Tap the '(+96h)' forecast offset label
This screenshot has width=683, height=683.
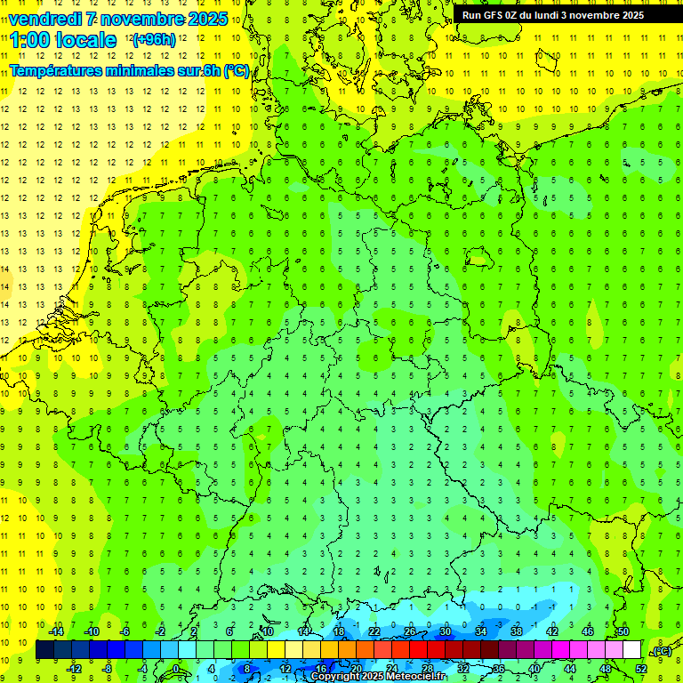tap(154, 40)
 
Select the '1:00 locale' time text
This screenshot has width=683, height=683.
tap(63, 40)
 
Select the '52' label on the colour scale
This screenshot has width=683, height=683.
tap(640, 668)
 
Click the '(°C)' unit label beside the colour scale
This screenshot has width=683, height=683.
tap(661, 651)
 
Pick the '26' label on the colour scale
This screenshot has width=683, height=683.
tap(409, 631)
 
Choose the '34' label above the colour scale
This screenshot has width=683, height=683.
tap(480, 631)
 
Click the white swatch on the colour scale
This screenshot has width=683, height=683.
tap(631, 650)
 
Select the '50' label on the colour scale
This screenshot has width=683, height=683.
tap(623, 631)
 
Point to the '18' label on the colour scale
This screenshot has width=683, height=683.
tap(338, 631)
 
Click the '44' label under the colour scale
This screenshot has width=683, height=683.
tap(569, 668)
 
